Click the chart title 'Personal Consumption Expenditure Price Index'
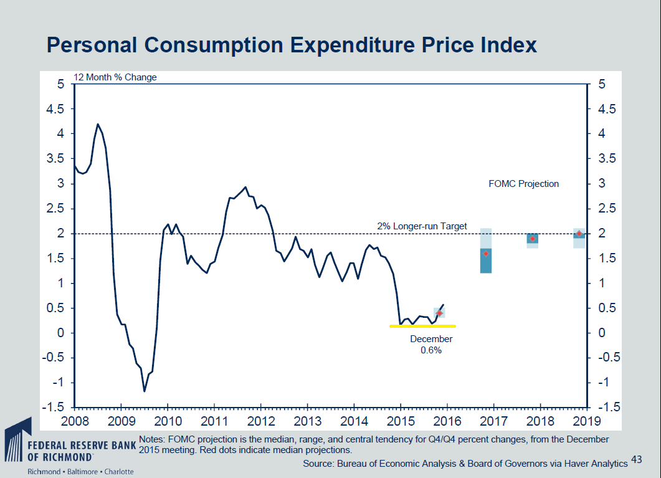pyautogui.click(x=292, y=45)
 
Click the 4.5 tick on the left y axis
pyautogui.click(x=57, y=109)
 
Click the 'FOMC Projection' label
pyautogui.click(x=523, y=184)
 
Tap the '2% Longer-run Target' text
pyautogui.click(x=422, y=226)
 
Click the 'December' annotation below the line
pyautogui.click(x=431, y=339)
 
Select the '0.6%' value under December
pyautogui.click(x=431, y=350)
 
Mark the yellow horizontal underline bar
pyautogui.click(x=422, y=325)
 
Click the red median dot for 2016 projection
pyautogui.click(x=439, y=313)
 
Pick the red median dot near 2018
pyautogui.click(x=532, y=239)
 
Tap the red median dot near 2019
pyautogui.click(x=579, y=234)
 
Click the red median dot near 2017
pyautogui.click(x=486, y=254)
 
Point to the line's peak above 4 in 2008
pyautogui.click(x=98, y=124)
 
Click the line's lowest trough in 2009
pyautogui.click(x=145, y=391)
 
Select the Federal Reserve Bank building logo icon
pyautogui.click(x=16, y=442)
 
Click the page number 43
pyautogui.click(x=636, y=459)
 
